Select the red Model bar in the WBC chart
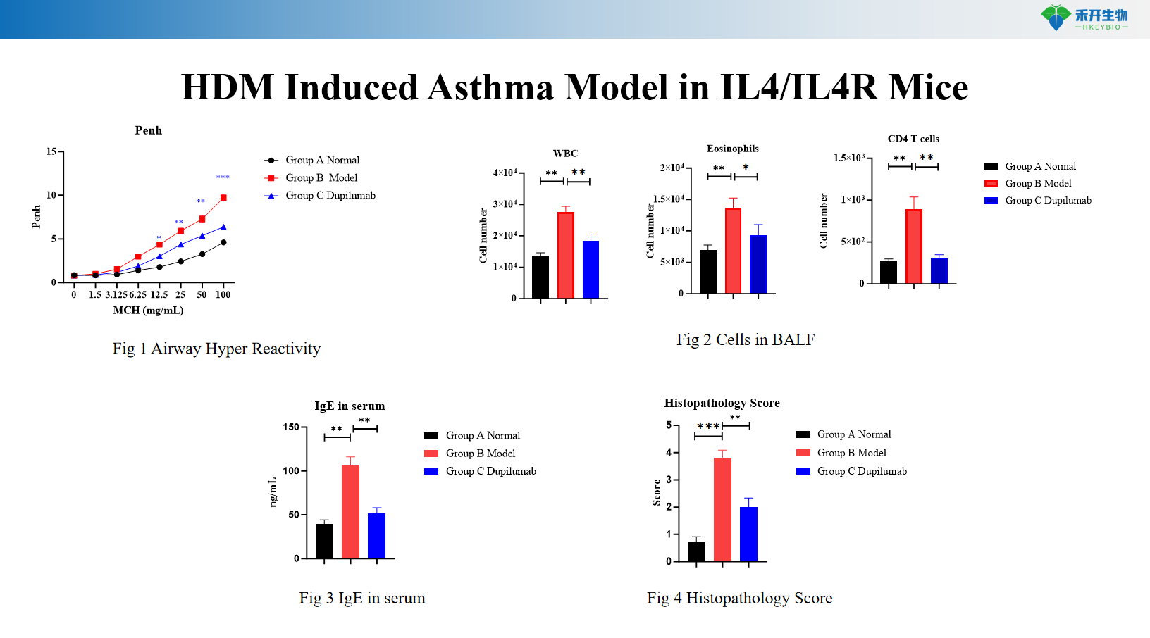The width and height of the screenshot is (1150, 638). [565, 255]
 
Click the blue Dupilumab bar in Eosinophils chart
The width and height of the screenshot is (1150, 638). [758, 264]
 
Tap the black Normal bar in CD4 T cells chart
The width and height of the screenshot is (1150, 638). [889, 272]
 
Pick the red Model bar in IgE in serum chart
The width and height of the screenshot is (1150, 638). [350, 511]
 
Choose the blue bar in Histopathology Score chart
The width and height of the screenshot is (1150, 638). [748, 534]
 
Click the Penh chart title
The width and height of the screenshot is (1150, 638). [148, 130]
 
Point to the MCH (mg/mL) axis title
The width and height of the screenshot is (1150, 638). [148, 311]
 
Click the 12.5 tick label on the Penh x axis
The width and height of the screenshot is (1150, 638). [159, 295]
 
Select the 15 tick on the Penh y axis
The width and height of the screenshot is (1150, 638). [51, 151]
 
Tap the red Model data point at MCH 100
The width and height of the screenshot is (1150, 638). [223, 198]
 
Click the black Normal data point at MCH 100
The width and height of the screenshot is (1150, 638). [223, 242]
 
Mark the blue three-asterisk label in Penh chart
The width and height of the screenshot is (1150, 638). [223, 177]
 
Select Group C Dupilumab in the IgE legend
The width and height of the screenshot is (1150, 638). [490, 471]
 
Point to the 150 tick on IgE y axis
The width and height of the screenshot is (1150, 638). [290, 427]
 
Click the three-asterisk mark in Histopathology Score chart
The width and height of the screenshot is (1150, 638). [707, 426]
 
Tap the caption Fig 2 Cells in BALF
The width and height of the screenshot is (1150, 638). [746, 340]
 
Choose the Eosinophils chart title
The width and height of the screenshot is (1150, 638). [733, 149]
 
